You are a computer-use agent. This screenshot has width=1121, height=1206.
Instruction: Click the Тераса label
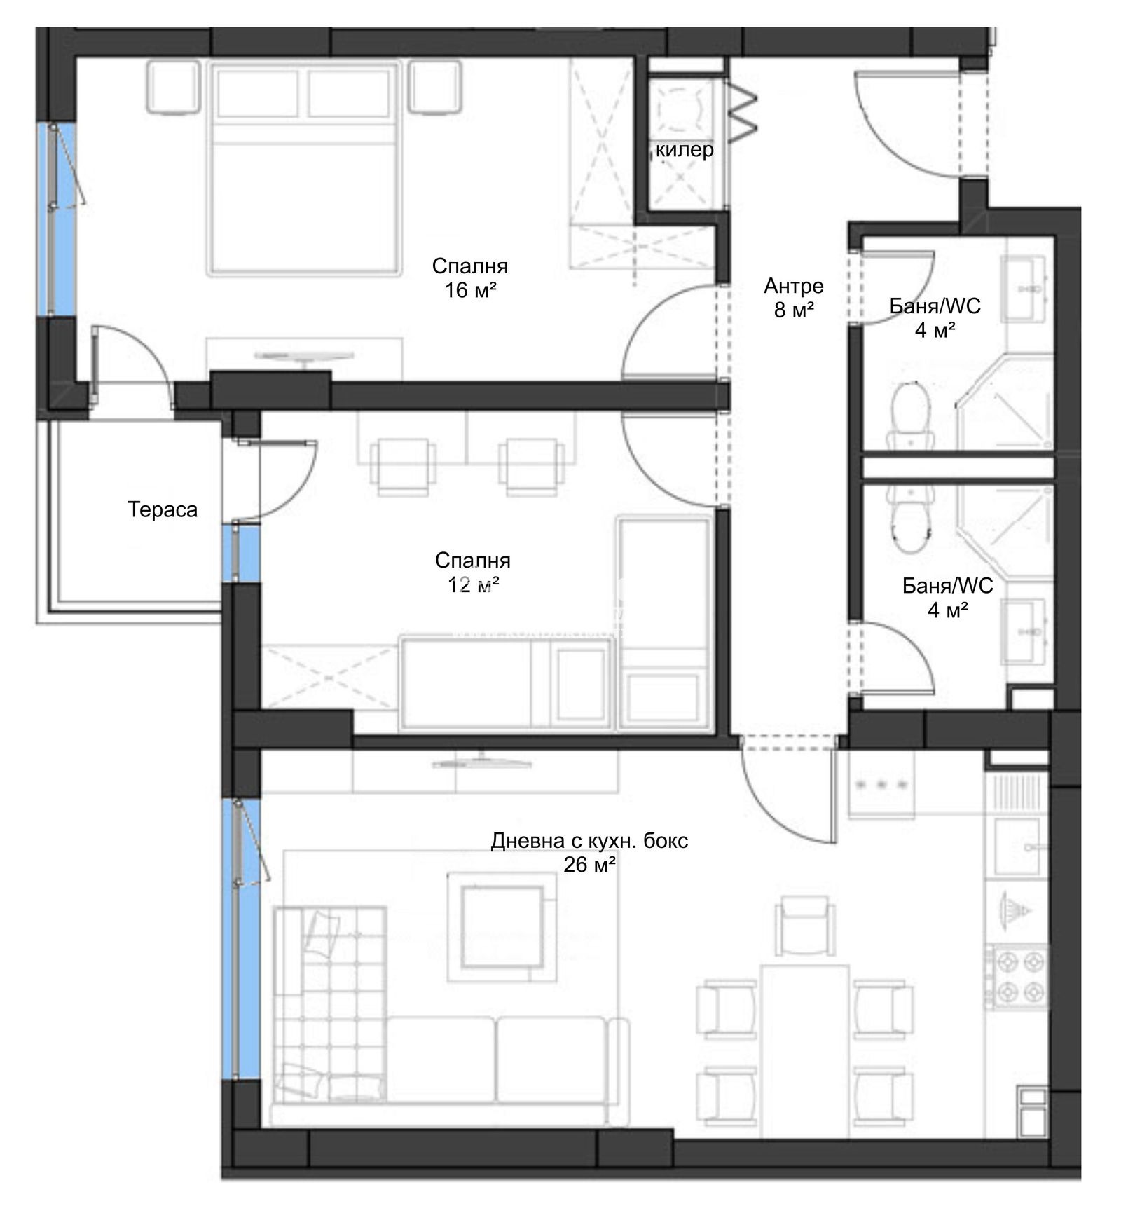[x=163, y=509]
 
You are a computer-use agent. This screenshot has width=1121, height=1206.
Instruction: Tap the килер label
[x=685, y=149]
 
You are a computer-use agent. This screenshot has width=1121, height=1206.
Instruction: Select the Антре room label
[x=793, y=285]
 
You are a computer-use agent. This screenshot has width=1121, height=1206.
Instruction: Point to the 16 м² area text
[x=471, y=289]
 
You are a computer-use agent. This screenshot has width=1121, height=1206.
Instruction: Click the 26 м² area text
[x=590, y=865]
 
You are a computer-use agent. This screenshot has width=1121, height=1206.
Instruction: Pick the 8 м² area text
[x=794, y=309]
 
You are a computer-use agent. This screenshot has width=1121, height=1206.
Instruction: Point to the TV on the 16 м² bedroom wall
[x=303, y=357]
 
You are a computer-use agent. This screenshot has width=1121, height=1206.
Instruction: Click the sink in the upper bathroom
[x=1027, y=289]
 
